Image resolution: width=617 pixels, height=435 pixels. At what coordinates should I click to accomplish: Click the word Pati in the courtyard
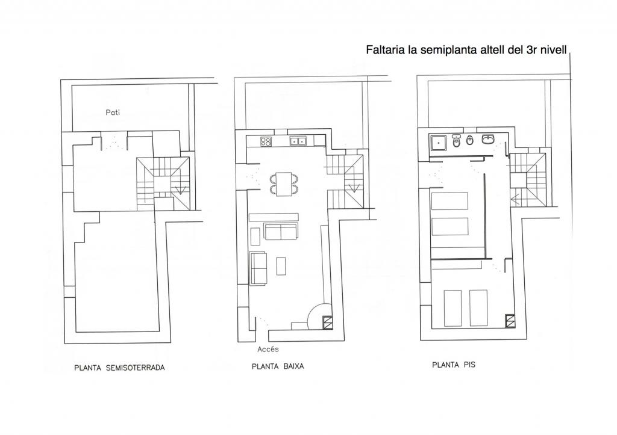113,113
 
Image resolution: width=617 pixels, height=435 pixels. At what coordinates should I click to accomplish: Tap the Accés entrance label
268,349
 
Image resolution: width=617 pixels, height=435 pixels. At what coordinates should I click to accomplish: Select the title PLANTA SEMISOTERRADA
119,368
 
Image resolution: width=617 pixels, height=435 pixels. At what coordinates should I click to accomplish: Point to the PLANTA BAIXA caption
278,366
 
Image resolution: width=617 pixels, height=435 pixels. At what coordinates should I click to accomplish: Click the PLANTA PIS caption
454,365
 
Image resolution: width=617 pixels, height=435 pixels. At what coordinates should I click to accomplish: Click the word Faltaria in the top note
384,50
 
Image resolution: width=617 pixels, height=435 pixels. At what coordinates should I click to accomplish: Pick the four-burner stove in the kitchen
266,141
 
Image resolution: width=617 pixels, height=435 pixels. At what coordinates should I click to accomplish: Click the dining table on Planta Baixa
284,184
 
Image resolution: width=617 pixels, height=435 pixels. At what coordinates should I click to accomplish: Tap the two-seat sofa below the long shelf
281,232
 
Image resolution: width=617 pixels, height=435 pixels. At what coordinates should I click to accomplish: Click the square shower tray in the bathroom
439,143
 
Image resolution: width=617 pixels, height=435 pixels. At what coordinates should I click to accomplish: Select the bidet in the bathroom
469,141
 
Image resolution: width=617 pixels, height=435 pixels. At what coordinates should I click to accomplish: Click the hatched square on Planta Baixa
328,322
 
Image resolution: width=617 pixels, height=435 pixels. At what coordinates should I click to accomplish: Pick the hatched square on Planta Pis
510,320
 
